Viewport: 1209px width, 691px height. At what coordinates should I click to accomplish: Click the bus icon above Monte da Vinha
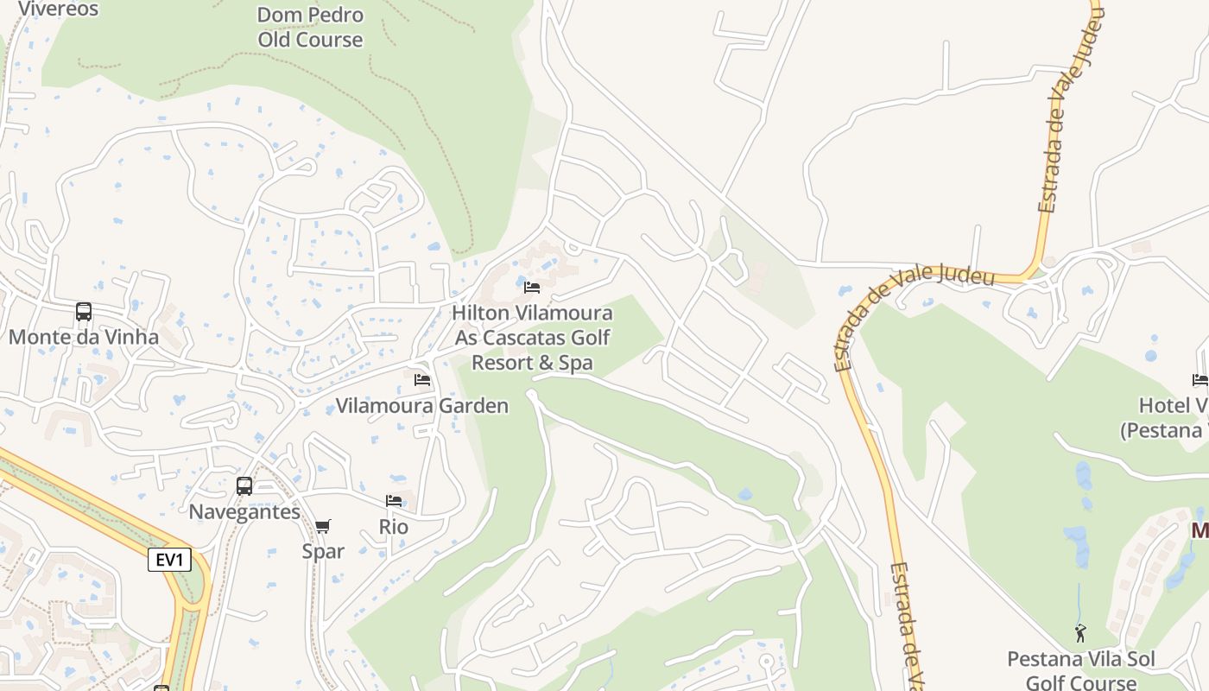click(84, 312)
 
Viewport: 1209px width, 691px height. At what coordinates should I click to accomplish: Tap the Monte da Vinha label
click(84, 337)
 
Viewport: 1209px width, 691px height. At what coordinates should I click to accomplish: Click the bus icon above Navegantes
click(244, 486)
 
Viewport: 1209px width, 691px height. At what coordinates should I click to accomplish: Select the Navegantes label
click(244, 511)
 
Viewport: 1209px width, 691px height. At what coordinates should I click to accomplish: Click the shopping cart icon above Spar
click(323, 526)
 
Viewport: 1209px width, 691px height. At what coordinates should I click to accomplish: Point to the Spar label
click(323, 551)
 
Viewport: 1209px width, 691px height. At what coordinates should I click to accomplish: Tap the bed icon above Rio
click(394, 501)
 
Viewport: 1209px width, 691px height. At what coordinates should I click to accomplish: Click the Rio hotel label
click(394, 526)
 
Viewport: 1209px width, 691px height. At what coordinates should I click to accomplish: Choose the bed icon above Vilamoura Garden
click(422, 379)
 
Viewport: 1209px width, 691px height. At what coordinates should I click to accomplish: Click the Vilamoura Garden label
click(422, 405)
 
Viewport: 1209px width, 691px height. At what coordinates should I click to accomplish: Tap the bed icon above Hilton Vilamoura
click(532, 287)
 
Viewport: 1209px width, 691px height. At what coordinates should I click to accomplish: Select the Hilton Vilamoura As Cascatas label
click(532, 337)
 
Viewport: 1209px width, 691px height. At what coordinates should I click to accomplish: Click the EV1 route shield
click(168, 560)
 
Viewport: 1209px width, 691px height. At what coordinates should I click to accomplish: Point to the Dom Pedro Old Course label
click(310, 27)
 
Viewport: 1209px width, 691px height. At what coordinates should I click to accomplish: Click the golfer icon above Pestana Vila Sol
click(1080, 634)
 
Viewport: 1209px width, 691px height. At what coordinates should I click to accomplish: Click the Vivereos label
click(58, 9)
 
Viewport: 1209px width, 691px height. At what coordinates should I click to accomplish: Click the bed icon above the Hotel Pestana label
click(1200, 379)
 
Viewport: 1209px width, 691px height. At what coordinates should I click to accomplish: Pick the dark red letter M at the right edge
click(1200, 530)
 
